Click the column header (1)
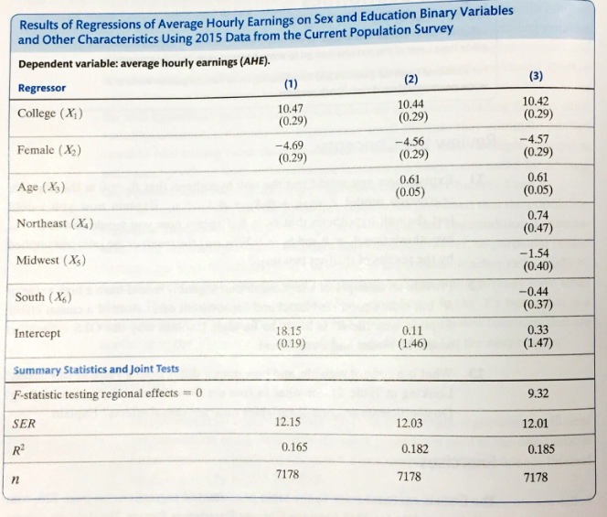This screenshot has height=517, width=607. [x=291, y=86]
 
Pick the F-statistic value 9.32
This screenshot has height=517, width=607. [x=537, y=394]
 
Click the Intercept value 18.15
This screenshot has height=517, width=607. [x=291, y=330]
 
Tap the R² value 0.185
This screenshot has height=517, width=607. [x=541, y=450]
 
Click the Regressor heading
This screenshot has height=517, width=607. [x=42, y=88]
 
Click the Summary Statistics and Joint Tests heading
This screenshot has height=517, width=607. [x=97, y=370]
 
